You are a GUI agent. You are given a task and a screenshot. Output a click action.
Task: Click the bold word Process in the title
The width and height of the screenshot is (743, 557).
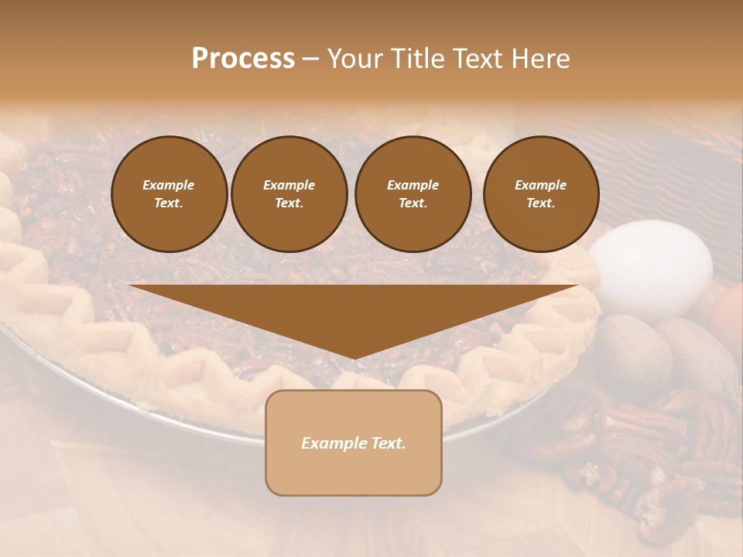pos(243,59)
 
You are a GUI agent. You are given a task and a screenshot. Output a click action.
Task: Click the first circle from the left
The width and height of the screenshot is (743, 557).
pos(169,194)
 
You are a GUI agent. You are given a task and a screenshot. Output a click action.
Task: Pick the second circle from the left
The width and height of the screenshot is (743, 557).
pos(289,194)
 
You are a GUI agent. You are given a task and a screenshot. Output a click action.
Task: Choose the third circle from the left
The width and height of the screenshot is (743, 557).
pos(413,194)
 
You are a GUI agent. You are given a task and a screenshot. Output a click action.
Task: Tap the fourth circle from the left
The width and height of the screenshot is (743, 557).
pos(540,194)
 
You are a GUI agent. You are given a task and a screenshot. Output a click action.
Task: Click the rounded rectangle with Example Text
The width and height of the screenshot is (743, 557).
pos(354,443)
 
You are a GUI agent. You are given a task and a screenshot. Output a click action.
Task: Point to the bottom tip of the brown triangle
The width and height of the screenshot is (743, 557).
pos(354,358)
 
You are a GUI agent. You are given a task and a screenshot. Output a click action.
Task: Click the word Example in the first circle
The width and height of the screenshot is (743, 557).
pos(169,185)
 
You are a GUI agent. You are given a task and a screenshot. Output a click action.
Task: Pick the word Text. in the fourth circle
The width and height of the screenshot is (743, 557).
pos(540,203)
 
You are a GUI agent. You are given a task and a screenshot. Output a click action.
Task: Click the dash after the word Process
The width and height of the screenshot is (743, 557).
pos(310,59)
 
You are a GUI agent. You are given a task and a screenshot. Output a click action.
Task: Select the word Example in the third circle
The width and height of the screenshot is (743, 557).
pos(413,185)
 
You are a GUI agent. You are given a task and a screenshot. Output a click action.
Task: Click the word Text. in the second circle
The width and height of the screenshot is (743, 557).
pos(289,203)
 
